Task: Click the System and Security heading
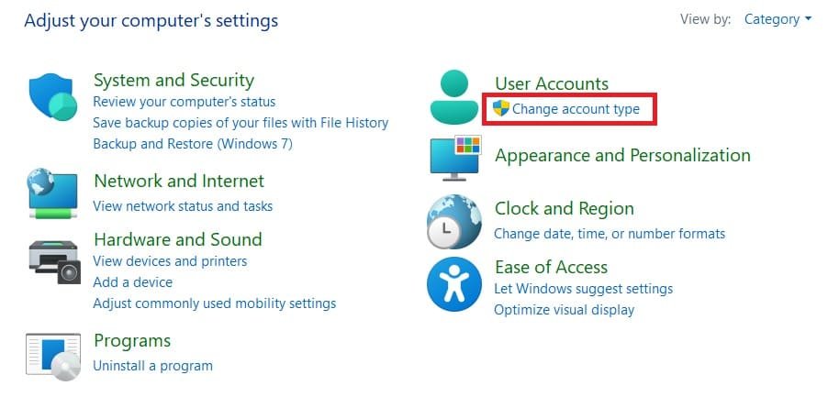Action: point(173,80)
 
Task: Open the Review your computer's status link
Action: point(184,102)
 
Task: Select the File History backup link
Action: point(241,123)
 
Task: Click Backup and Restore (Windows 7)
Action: point(193,144)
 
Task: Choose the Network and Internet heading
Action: point(178,181)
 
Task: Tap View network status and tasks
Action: point(183,206)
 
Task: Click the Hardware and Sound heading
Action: point(177,239)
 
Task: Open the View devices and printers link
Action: point(170,261)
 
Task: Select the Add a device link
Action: point(132,282)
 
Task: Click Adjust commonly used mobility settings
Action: point(214,303)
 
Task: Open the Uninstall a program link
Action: point(152,366)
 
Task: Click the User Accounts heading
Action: point(551,83)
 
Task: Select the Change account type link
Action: point(576,109)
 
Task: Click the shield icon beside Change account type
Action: point(501,109)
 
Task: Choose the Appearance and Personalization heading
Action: point(622,155)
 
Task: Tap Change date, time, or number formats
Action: point(610,234)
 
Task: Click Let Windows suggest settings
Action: point(583,289)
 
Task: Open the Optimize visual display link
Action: point(564,310)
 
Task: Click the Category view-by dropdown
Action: point(778,19)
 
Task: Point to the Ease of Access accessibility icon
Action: point(454,284)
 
